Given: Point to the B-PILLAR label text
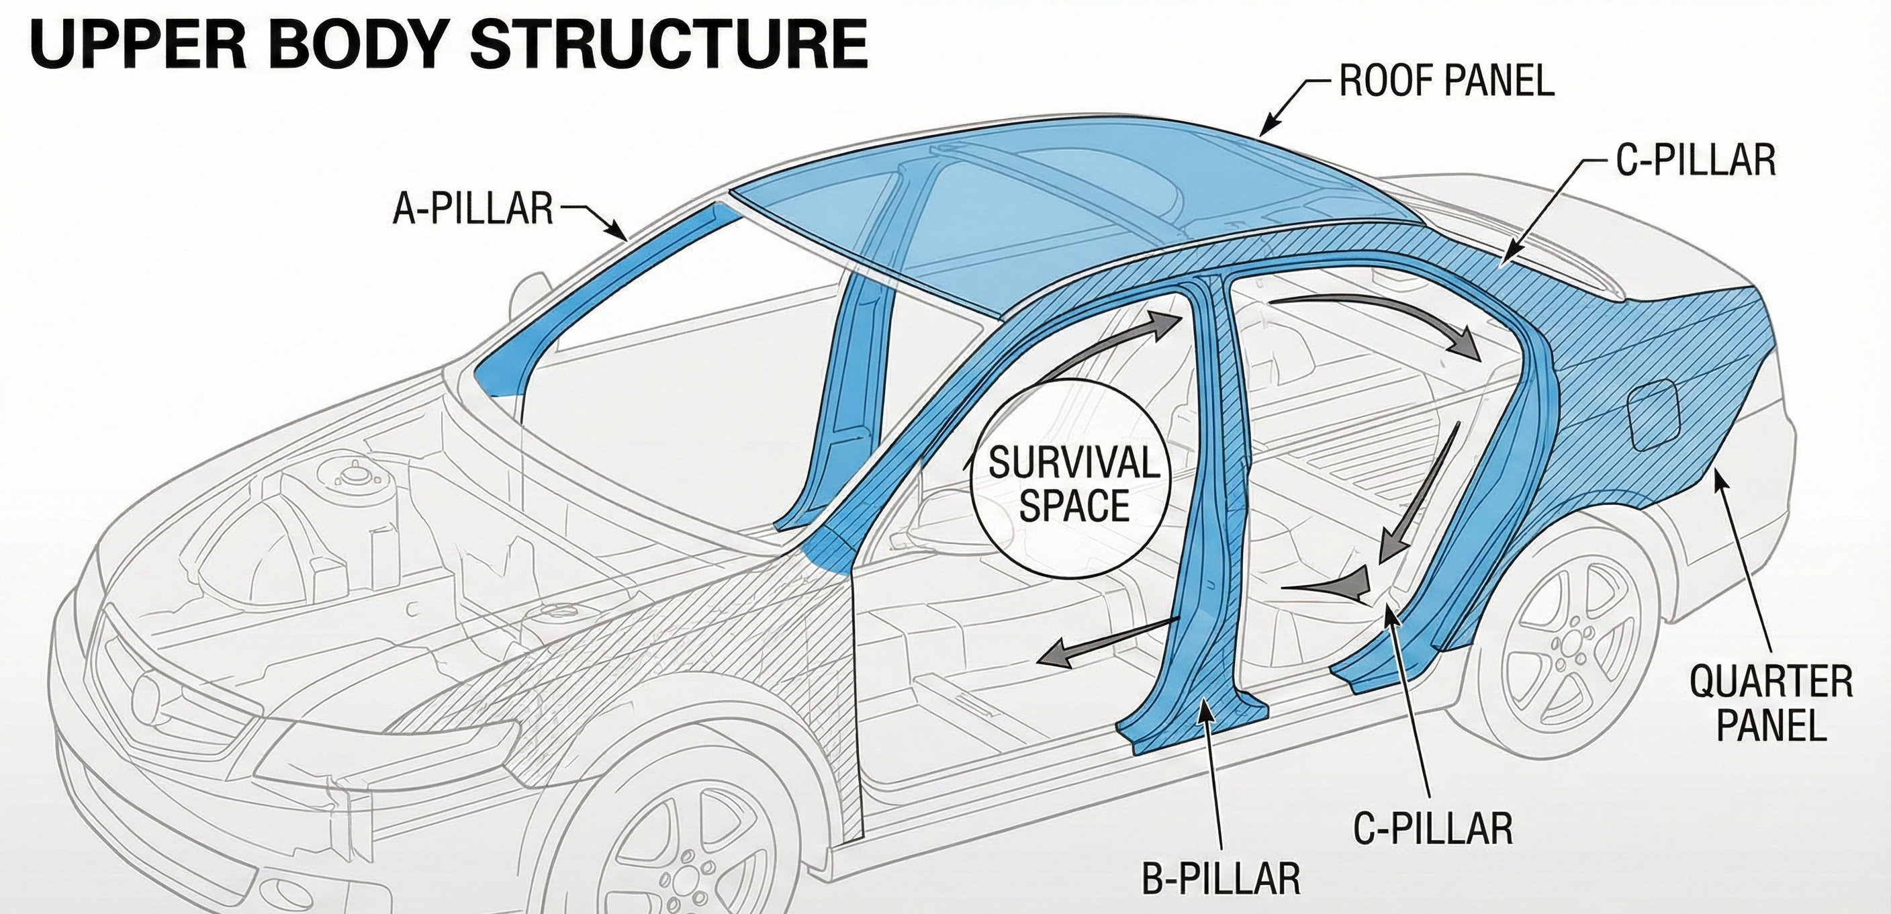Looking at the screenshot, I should pos(1221,878).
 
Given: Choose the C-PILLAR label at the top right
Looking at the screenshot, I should pos(1696,160).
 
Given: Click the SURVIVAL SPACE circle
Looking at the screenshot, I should pos(1074,484).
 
